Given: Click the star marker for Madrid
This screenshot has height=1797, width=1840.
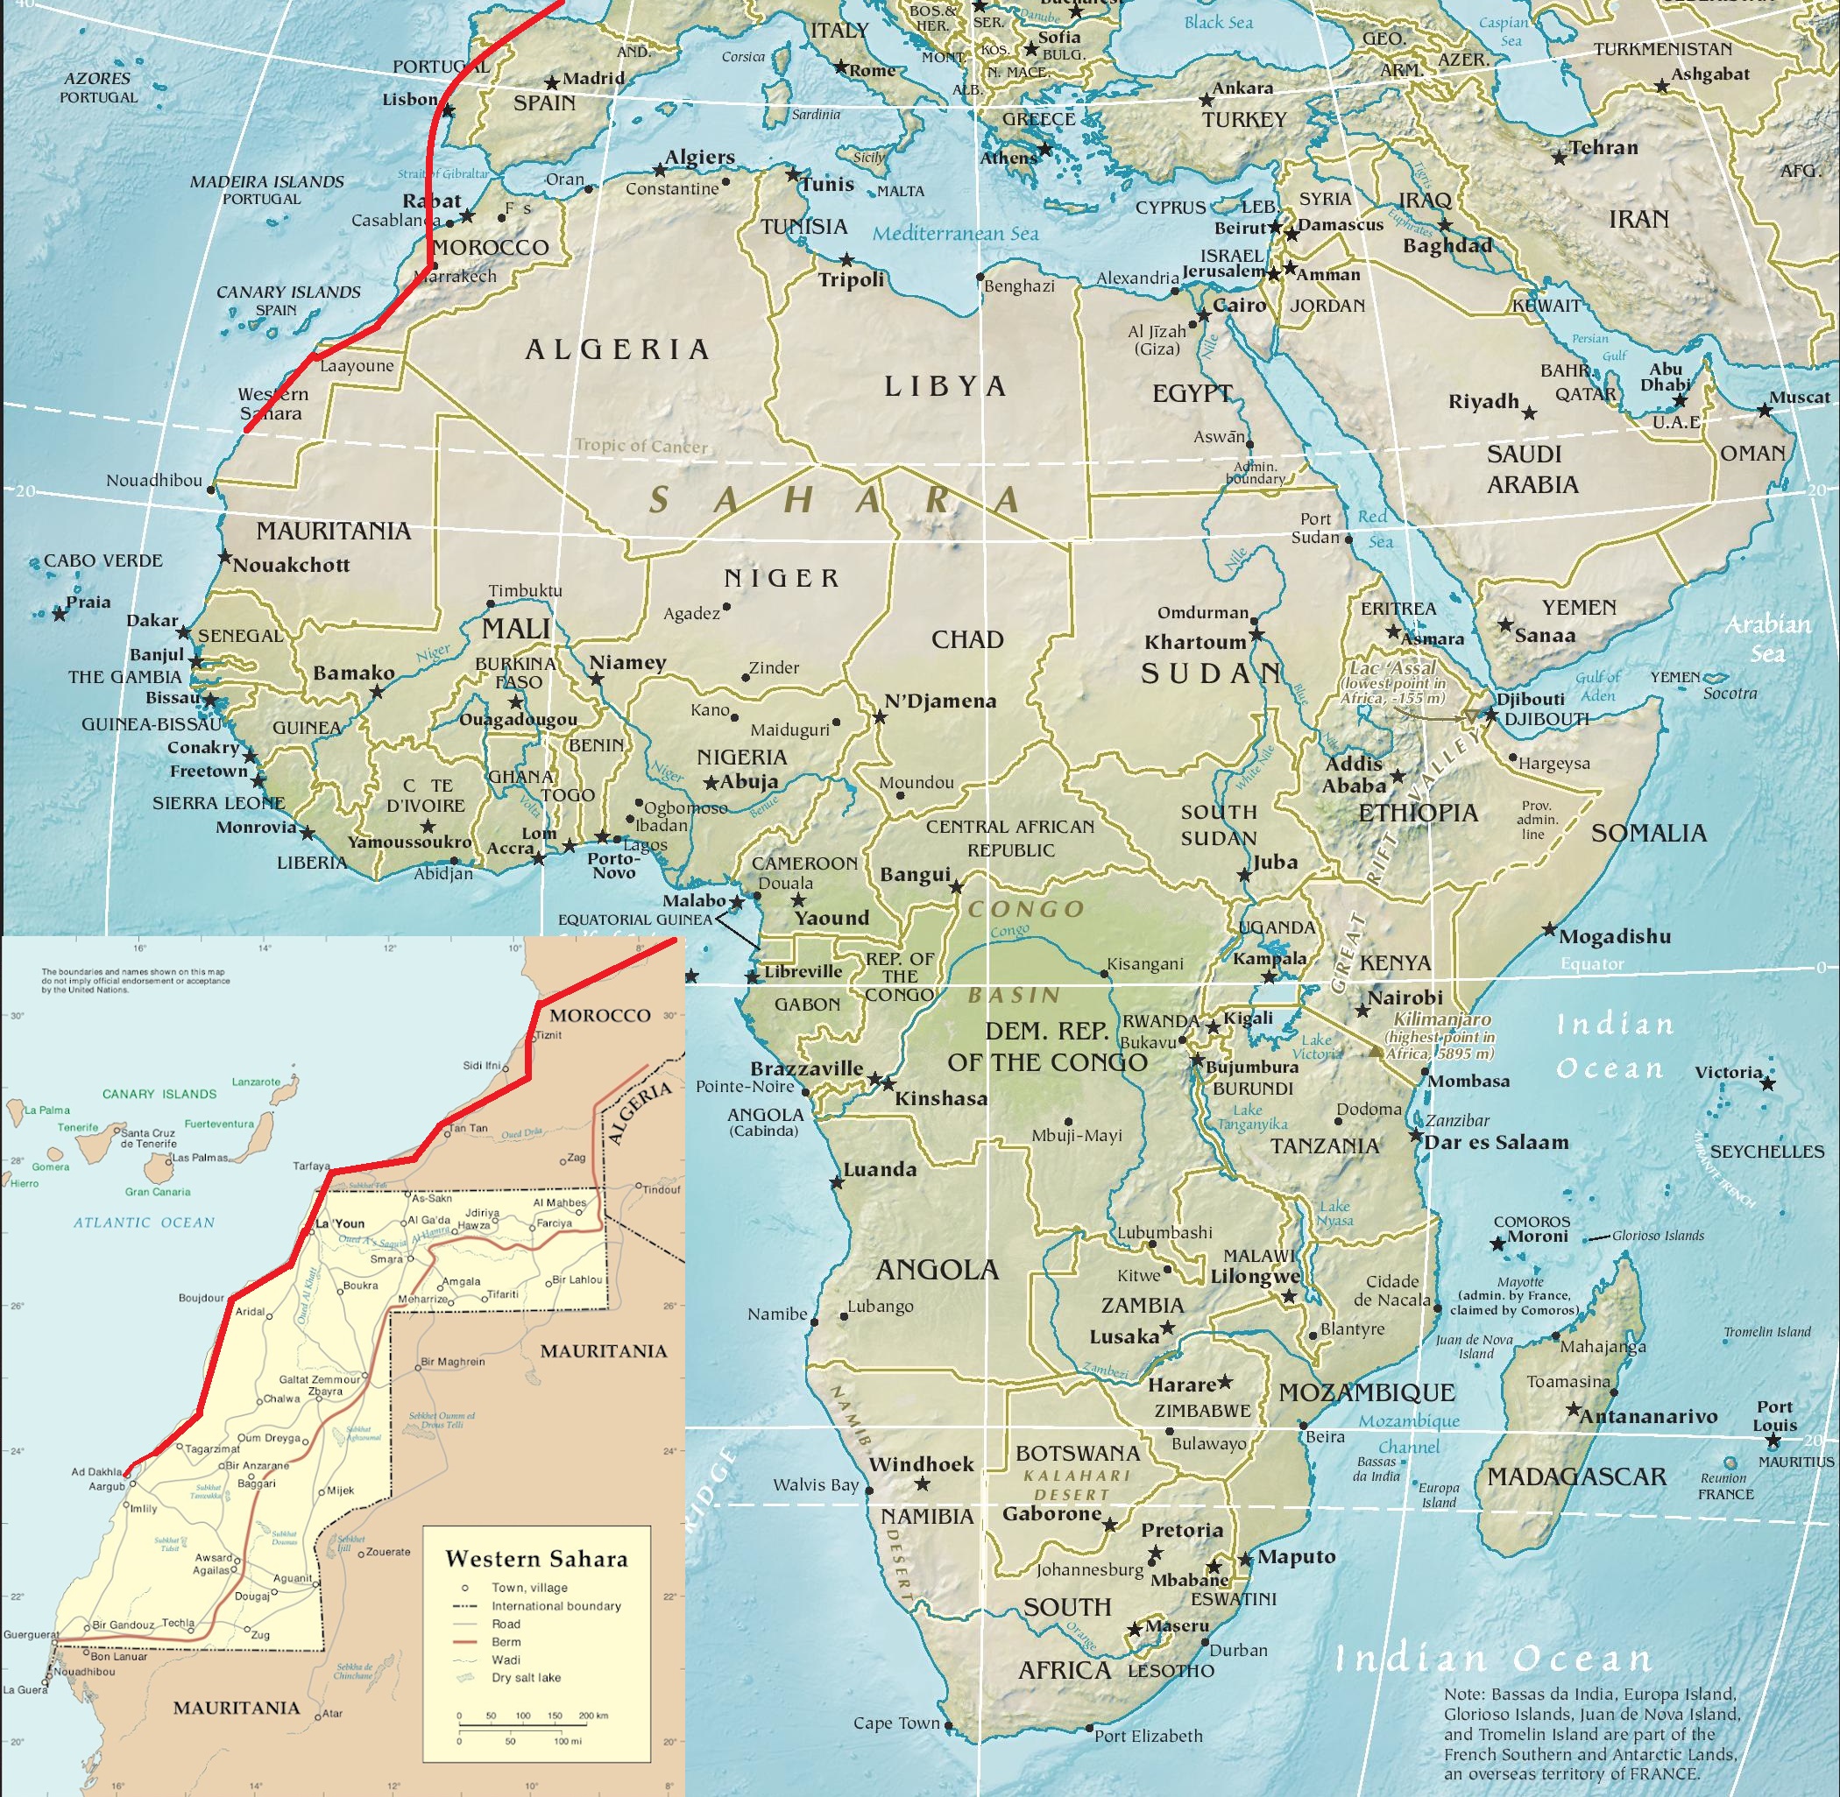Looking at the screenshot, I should coord(551,83).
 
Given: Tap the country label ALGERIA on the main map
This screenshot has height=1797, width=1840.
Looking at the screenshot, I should coord(617,350).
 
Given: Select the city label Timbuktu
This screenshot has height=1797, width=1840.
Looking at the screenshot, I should coord(525,591).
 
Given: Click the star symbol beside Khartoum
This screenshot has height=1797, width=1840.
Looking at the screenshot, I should coord(1256,635).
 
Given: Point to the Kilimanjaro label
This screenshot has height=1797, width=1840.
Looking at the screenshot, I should coord(1442,1020).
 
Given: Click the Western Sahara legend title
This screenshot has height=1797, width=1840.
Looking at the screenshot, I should coord(536,1559).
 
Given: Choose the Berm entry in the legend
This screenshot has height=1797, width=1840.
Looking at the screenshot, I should coord(506,1641).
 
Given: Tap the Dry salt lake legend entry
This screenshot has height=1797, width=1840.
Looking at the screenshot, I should coord(526,1677).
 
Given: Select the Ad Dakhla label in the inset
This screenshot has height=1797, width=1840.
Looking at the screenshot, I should coord(97,1471).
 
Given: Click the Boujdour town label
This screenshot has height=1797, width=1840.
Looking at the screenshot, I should coord(202,1298).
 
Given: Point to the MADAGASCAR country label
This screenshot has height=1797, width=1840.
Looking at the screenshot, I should coord(1576,1477).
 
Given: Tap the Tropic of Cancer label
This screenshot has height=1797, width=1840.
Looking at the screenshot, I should coord(641,446).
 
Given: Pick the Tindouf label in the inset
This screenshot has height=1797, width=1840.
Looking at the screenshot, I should coord(661,1189).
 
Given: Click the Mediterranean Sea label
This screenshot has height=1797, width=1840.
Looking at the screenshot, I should coord(954,234).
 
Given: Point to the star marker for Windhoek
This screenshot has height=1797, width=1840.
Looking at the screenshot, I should coord(923,1484).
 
